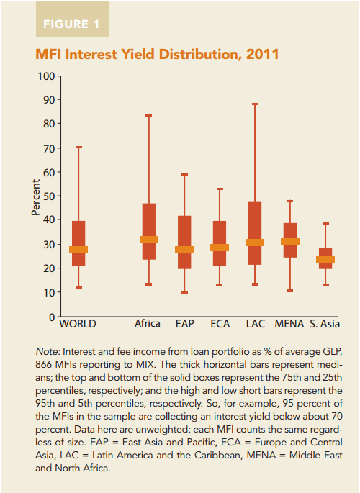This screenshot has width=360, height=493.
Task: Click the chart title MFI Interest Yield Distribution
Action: [x=152, y=55]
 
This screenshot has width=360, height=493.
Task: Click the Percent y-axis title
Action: [x=35, y=196]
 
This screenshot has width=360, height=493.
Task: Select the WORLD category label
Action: [x=78, y=324]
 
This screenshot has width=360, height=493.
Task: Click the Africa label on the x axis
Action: [x=148, y=324]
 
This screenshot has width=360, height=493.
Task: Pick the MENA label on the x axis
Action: [x=289, y=324]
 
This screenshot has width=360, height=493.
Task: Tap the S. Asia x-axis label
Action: [x=325, y=324]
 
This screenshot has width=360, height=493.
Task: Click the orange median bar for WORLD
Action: [x=78, y=250]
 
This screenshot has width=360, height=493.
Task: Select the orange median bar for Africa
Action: [x=149, y=240]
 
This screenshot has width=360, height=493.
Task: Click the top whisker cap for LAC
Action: [x=255, y=104]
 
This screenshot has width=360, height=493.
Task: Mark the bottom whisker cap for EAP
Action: [x=184, y=293]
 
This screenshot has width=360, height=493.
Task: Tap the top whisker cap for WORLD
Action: [x=78, y=148]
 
